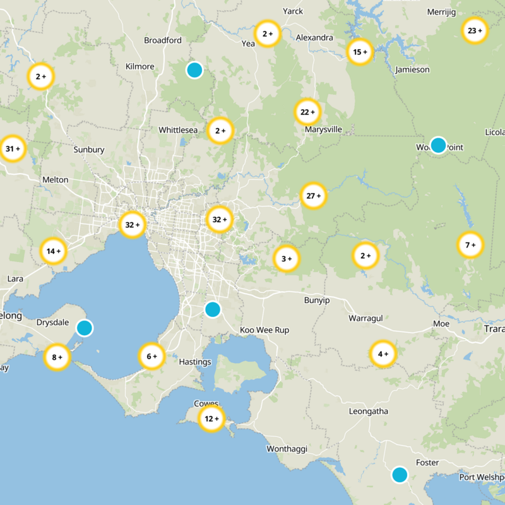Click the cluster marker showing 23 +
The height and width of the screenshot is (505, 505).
[474, 30]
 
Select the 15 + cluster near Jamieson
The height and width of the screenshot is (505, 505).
[360, 52]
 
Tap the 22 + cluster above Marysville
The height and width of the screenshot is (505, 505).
[307, 112]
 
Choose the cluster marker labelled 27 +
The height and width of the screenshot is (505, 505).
[313, 196]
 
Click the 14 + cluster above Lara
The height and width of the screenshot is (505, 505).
[53, 251]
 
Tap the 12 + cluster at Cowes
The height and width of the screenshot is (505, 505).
[211, 419]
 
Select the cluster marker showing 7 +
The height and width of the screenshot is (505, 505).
[470, 245]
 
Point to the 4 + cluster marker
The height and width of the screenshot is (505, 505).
[383, 353]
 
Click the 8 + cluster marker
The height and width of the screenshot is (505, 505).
[57, 357]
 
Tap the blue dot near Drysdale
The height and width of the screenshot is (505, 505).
[84, 328]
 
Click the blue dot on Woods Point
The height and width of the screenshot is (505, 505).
[438, 145]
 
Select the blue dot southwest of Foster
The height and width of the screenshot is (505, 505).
[399, 474]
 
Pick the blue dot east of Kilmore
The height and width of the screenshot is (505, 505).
[194, 69]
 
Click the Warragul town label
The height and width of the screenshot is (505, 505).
[366, 318]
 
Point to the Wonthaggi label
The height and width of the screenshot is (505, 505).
[287, 449]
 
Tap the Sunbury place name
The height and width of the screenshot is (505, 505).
[88, 150]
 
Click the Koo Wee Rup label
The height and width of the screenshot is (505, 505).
[264, 330]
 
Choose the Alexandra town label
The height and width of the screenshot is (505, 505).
[314, 38]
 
